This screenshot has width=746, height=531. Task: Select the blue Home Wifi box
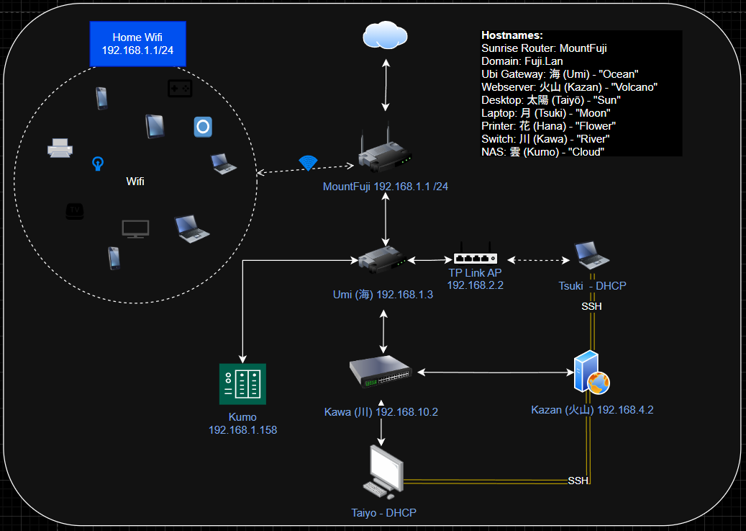(137, 43)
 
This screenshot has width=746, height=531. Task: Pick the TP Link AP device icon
(476, 259)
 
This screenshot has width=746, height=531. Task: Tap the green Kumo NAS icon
(242, 383)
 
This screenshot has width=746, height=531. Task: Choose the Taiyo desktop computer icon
(383, 473)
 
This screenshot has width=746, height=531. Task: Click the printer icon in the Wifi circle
(60, 148)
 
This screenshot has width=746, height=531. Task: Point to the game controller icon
(179, 88)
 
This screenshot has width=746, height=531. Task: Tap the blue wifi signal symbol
(309, 163)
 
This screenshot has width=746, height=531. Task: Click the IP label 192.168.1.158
(242, 430)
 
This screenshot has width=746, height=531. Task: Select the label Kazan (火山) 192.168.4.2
(592, 410)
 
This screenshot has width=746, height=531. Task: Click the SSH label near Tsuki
(591, 306)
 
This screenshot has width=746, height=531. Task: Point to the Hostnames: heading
(512, 35)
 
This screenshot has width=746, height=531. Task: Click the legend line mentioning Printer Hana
(548, 126)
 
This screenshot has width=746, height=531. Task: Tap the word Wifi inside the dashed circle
(135, 182)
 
